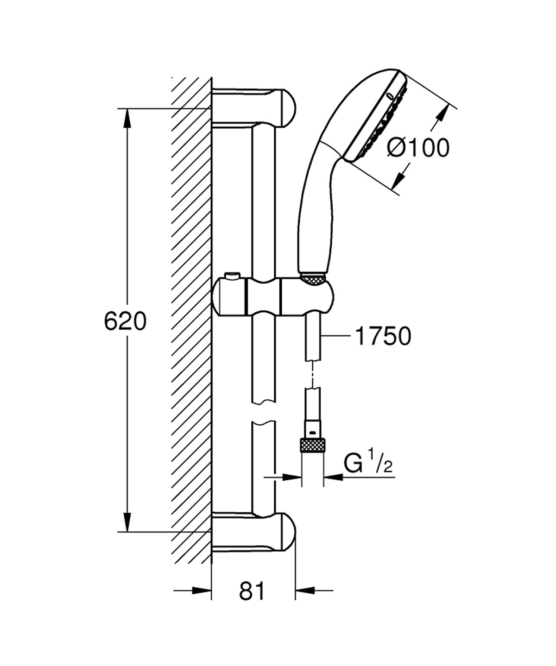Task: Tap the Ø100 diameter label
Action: [x=418, y=148]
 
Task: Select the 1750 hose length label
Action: [x=383, y=336]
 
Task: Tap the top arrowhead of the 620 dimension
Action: [x=126, y=118]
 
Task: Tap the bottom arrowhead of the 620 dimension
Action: [x=126, y=522]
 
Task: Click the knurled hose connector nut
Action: [x=312, y=445]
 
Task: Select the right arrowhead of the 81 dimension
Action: [x=304, y=591]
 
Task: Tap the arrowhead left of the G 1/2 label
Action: [x=333, y=476]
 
